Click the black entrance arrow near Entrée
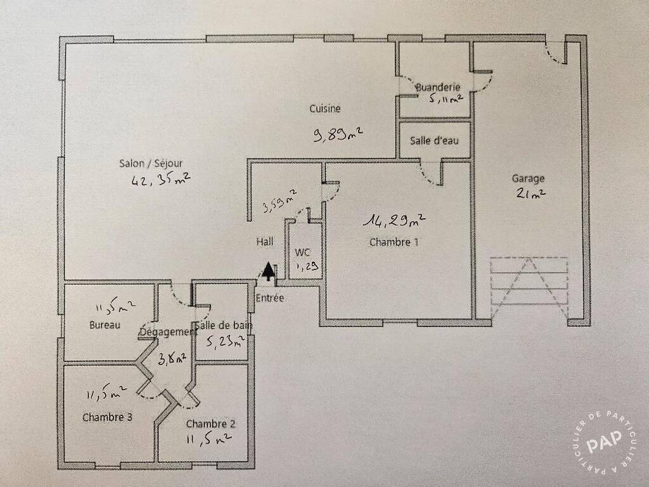tap(269, 271)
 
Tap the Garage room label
tap(528, 179)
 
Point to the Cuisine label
tap(325, 108)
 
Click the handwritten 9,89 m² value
tap(338, 134)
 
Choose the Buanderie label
tap(438, 88)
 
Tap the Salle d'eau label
tap(434, 141)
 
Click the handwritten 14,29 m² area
tap(394, 220)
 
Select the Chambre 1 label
tap(394, 242)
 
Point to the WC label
tap(302, 252)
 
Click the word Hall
tap(264, 242)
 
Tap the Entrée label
tap(269, 298)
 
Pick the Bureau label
tap(105, 325)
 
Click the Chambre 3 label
tap(107, 417)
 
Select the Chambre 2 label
tap(210, 424)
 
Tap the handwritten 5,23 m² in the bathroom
tap(226, 342)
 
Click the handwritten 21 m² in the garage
tap(530, 193)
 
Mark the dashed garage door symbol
tap(529, 287)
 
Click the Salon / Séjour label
tap(151, 163)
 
